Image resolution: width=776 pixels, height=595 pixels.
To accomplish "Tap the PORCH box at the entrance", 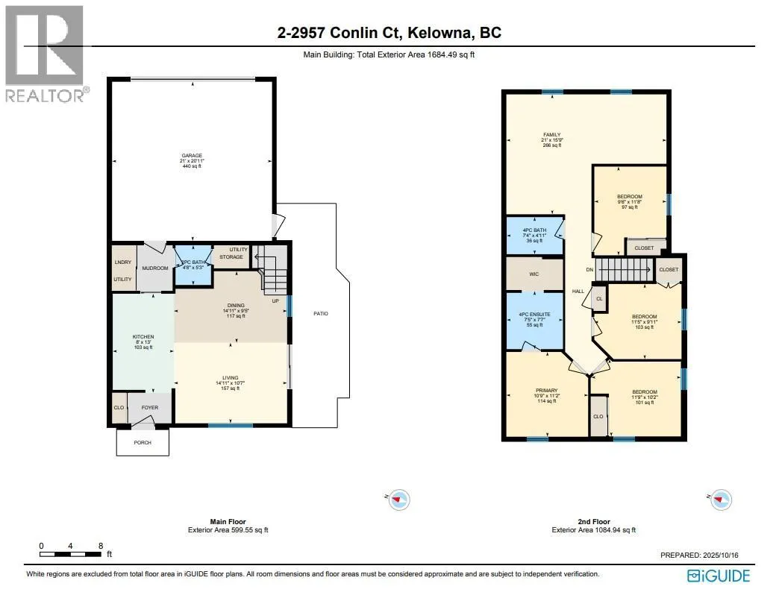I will click(x=142, y=442).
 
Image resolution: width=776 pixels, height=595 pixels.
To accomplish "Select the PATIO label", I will click(x=320, y=313).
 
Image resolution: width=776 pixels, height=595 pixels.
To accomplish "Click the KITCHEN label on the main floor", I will click(x=143, y=341).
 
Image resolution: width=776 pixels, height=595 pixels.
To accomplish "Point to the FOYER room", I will click(x=150, y=408).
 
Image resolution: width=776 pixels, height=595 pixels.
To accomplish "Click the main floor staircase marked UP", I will click(x=275, y=280).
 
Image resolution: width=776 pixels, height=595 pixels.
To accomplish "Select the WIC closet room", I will click(x=534, y=274).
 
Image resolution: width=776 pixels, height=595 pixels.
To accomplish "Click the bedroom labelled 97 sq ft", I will click(x=629, y=201).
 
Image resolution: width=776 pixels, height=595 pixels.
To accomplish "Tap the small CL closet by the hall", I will click(x=598, y=298).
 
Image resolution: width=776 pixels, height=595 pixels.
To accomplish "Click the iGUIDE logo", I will click(x=719, y=576).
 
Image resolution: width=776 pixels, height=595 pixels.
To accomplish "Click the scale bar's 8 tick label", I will click(x=100, y=546).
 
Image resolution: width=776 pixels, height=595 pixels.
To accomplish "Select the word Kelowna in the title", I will click(x=449, y=33).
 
